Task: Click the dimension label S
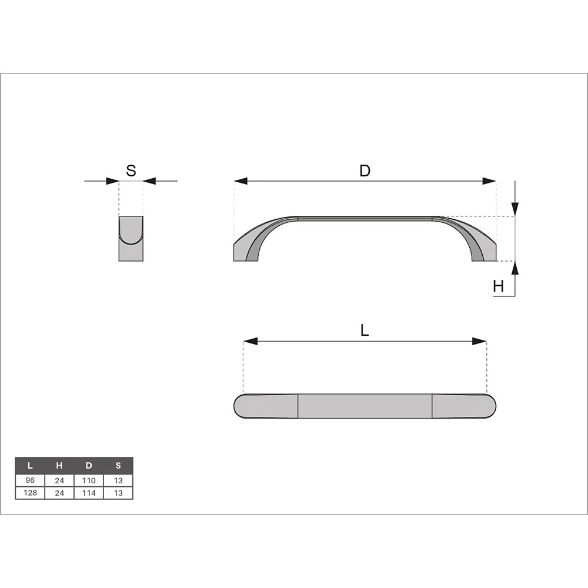[131, 171]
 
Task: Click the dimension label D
[365, 171]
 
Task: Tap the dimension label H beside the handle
[499, 286]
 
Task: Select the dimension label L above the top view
[365, 330]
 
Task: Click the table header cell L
[30, 466]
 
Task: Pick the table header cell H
[59, 466]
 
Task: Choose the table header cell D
[89, 466]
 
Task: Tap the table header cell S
[118, 466]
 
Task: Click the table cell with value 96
[30, 480]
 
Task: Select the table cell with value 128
[30, 493]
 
